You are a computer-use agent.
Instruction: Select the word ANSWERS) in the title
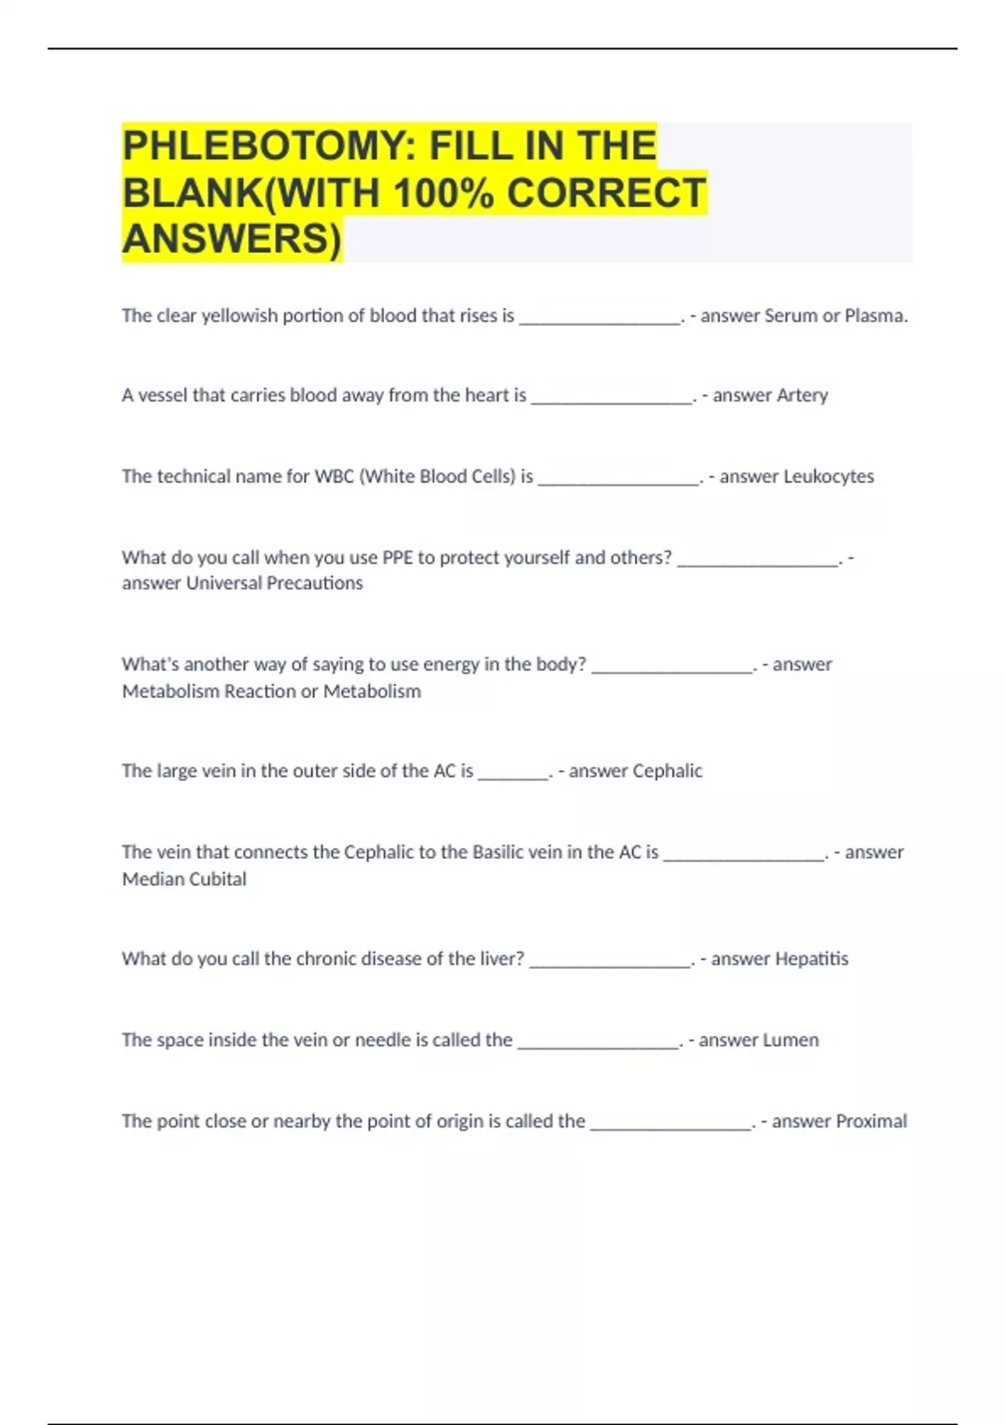(x=232, y=239)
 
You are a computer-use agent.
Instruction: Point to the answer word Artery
(x=801, y=396)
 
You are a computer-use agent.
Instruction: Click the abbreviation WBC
(x=334, y=477)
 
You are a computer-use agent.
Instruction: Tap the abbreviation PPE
(x=397, y=558)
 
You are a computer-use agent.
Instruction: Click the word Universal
(x=223, y=583)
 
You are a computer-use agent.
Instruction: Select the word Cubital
(x=220, y=879)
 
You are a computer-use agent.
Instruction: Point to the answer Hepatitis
(x=811, y=959)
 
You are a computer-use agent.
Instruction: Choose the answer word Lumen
(x=791, y=1040)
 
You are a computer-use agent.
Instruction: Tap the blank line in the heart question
(x=612, y=402)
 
